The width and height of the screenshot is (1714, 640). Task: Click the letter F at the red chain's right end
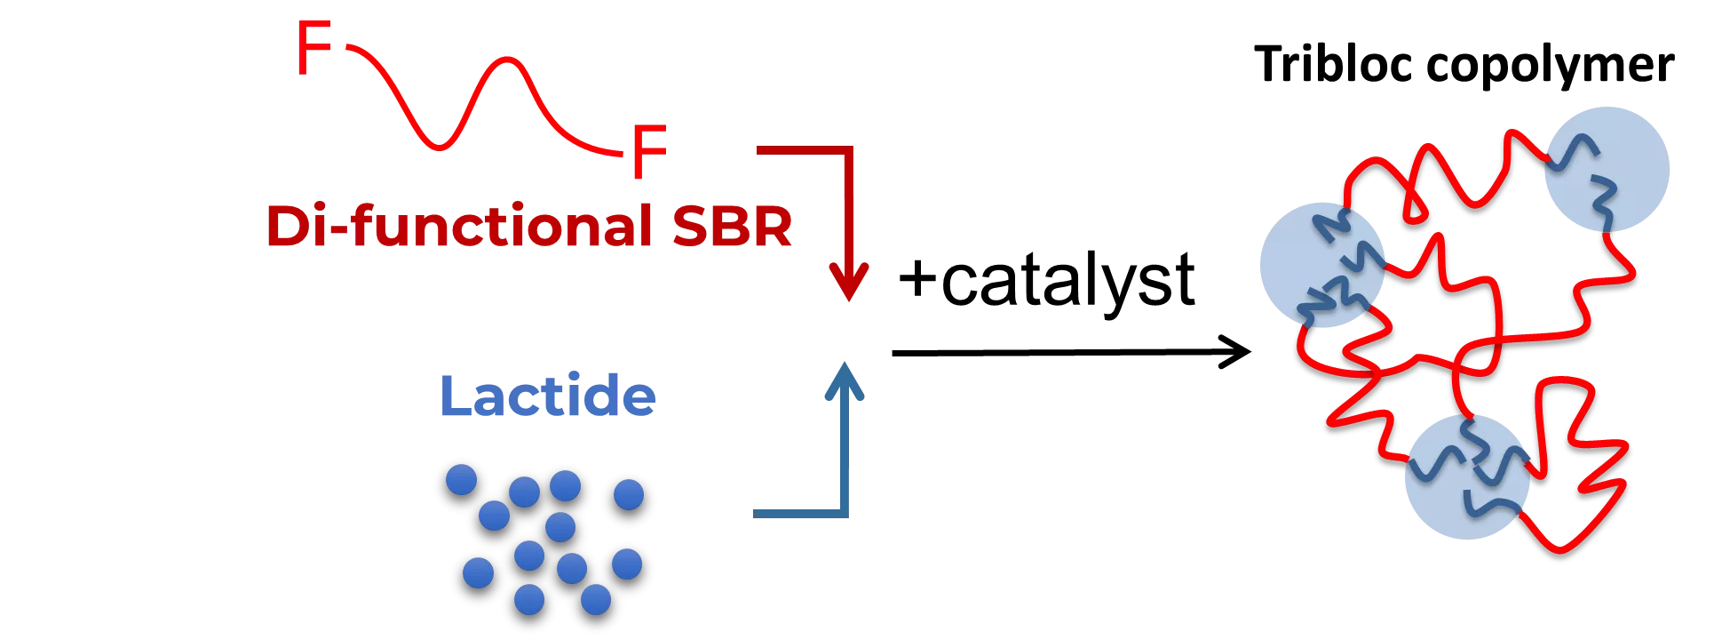[648, 152]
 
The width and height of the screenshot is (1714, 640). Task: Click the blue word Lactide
[548, 396]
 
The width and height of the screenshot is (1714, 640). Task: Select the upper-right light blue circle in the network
[1607, 170]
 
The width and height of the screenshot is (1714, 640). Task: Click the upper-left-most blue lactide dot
[461, 480]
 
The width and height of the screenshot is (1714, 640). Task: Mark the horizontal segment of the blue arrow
[799, 513]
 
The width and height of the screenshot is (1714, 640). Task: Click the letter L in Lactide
[455, 396]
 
